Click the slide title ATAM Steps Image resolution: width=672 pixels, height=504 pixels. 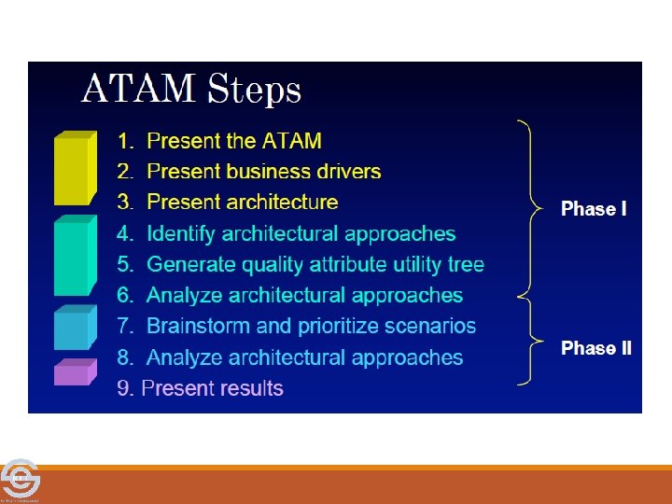(191, 91)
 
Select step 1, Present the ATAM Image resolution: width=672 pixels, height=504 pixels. (220, 141)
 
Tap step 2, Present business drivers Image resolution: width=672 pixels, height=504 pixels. (250, 172)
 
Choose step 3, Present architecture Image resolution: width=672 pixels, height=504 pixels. (229, 203)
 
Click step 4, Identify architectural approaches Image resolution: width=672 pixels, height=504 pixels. (287, 233)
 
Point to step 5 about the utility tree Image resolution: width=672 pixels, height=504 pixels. (301, 264)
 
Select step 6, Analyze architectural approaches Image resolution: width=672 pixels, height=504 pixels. (290, 296)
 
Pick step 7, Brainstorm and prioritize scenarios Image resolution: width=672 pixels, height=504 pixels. (297, 327)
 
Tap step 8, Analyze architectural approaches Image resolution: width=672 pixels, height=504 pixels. (290, 357)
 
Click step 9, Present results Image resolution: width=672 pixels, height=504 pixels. (201, 388)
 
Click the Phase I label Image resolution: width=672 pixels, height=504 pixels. (594, 209)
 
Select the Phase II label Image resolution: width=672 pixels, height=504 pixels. (595, 348)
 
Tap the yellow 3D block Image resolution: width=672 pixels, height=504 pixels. (75, 168)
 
